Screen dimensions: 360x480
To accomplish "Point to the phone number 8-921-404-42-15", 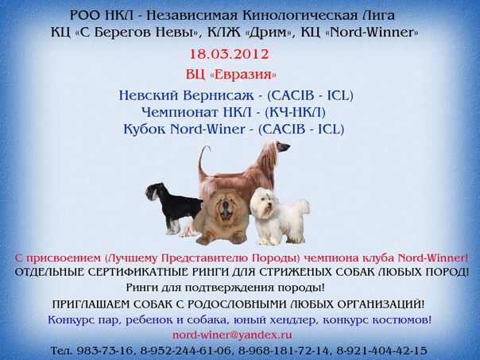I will pos(381,350).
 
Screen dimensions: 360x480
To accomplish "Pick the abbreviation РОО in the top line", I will pos(87,14).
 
